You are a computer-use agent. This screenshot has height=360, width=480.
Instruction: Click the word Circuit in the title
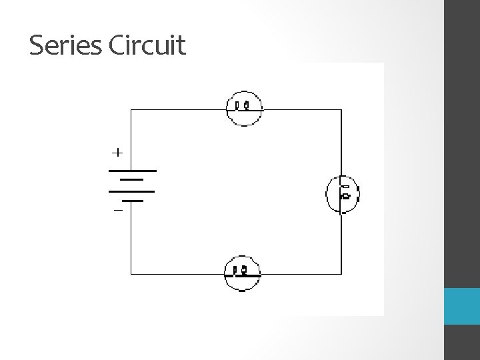tap(146, 45)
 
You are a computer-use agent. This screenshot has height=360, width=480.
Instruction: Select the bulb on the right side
tap(342, 193)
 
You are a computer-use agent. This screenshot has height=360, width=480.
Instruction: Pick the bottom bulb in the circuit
tap(243, 273)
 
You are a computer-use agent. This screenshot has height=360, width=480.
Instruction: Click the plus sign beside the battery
tap(117, 153)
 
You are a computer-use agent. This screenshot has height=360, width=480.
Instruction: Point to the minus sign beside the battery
tap(117, 210)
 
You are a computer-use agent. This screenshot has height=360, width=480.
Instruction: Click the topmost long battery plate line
tap(131, 171)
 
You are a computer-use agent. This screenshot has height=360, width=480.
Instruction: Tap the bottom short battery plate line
tap(131, 199)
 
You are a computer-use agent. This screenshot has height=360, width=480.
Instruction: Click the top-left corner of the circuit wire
tap(131, 110)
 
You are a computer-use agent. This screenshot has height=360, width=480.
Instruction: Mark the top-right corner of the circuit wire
tap(341, 110)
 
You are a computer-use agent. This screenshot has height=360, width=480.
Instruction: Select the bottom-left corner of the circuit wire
tap(131, 273)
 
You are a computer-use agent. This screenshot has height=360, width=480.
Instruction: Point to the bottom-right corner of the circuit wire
tap(341, 273)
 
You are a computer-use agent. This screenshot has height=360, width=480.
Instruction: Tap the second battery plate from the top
tap(132, 179)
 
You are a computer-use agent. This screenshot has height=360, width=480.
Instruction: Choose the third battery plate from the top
tap(131, 191)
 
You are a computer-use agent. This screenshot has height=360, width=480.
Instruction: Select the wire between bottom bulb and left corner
tap(177, 273)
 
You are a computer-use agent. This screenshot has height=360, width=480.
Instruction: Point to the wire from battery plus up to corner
tap(131, 140)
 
